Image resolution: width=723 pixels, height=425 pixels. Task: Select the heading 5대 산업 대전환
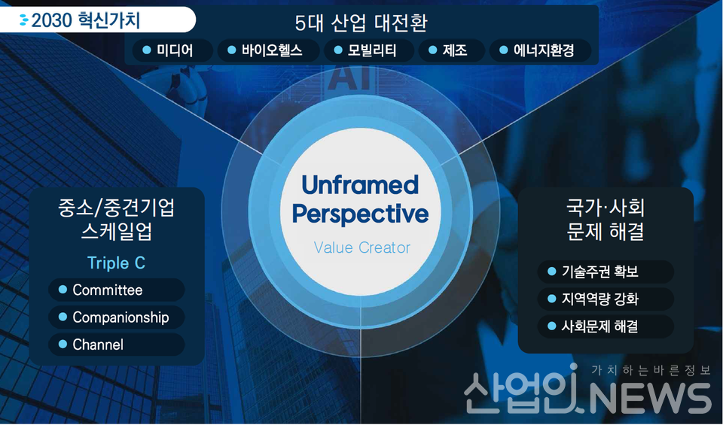coord(361,23)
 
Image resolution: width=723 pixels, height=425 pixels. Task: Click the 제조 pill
coord(447,50)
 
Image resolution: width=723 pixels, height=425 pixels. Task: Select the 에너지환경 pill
coord(536,50)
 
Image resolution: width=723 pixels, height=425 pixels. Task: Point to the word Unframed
coord(360,185)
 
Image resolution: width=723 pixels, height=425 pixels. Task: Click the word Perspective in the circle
coord(360,214)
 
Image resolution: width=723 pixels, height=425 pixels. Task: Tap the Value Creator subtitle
coord(361,247)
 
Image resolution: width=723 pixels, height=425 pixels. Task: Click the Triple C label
coord(116,263)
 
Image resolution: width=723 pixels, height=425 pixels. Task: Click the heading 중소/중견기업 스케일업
coord(116,219)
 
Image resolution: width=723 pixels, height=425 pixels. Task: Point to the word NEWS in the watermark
coord(648,396)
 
